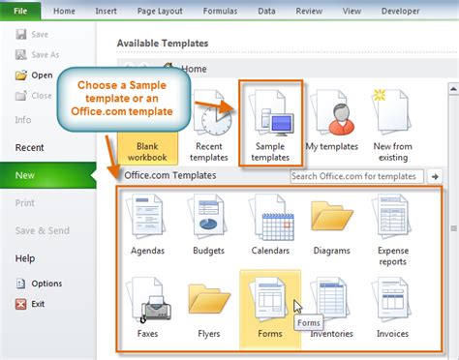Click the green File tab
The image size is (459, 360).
point(20,11)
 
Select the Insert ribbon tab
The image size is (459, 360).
point(107,11)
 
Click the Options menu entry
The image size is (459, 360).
point(46,284)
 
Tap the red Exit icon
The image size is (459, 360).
point(21,303)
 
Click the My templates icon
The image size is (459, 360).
point(334,114)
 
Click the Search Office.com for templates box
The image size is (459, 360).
point(356,176)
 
